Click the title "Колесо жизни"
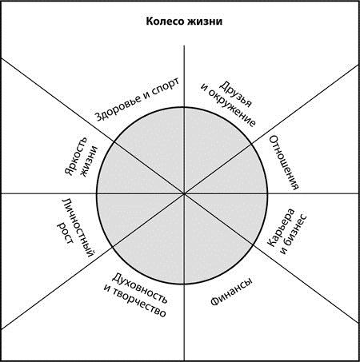[184, 22]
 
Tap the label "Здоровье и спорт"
[137, 99]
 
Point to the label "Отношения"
[284, 162]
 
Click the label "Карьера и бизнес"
[287, 231]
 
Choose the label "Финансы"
[231, 292]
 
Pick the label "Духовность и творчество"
[136, 295]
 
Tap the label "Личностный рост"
[76, 228]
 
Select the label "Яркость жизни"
[81, 157]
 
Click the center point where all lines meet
[184, 193]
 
